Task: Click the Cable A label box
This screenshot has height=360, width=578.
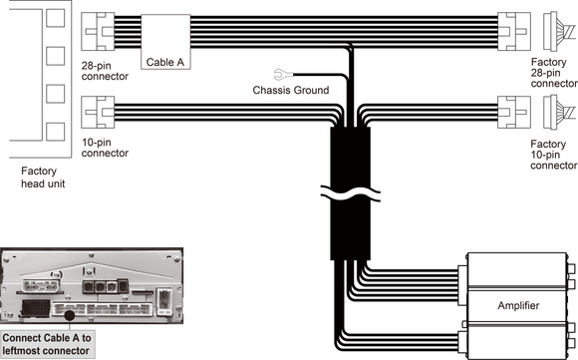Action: [165, 42]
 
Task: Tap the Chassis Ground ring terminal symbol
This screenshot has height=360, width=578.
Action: [283, 75]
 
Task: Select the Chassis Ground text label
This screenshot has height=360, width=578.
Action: [291, 90]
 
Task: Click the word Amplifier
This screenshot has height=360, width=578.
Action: [518, 305]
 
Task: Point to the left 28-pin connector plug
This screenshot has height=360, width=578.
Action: [98, 31]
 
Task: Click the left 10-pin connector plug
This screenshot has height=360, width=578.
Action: [98, 112]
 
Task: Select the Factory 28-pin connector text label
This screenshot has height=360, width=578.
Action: [554, 73]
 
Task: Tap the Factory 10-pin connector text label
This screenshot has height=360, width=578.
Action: [554, 155]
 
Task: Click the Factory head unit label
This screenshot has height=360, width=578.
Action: [43, 178]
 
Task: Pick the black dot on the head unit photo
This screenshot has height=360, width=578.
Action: [70, 315]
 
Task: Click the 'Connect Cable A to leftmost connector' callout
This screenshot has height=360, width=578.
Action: [47, 344]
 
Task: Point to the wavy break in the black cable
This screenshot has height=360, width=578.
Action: [350, 192]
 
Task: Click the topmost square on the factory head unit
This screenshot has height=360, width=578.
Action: [55, 18]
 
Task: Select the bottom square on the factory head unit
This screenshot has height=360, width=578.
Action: [55, 132]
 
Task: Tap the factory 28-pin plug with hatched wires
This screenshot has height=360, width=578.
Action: [559, 31]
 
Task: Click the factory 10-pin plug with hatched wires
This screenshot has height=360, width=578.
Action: [559, 112]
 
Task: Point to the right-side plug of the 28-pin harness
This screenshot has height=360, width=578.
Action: [514, 31]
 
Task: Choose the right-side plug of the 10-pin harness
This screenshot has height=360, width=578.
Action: [514, 112]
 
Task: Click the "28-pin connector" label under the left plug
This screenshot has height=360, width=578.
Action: [105, 71]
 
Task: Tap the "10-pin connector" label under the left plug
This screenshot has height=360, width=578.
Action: [105, 148]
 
